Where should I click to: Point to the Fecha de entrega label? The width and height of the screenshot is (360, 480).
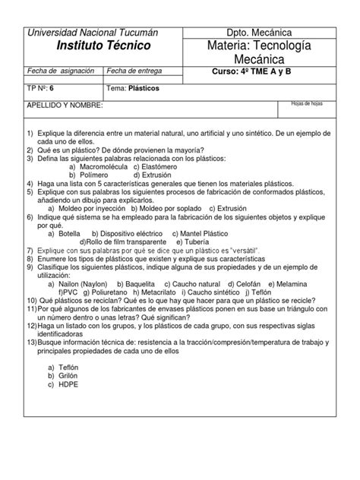137,70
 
